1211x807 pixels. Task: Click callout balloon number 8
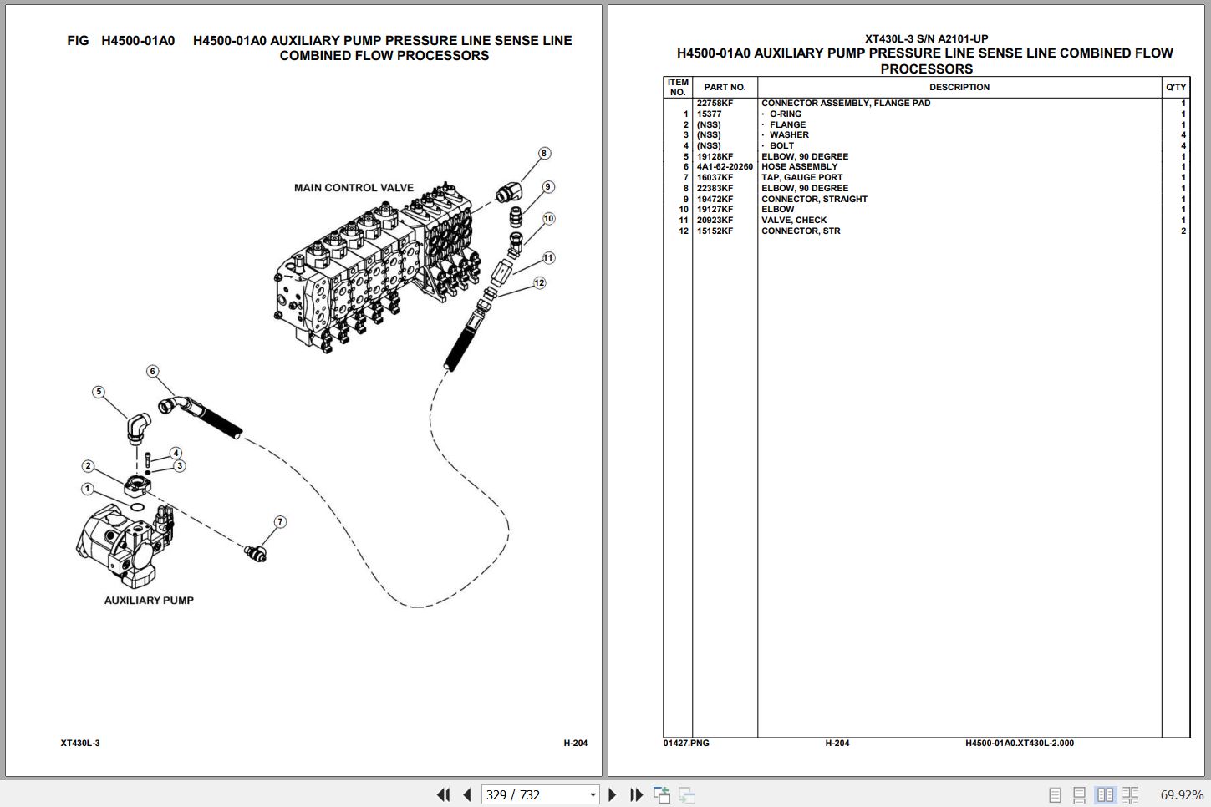(544, 154)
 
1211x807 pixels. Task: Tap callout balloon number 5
(99, 392)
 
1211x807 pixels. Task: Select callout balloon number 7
(280, 522)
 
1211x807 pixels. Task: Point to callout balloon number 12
(539, 283)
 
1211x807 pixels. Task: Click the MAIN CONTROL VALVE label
(354, 188)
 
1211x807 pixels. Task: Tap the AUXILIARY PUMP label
(149, 601)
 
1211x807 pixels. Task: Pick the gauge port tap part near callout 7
(255, 552)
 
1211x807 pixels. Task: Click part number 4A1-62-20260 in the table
(725, 167)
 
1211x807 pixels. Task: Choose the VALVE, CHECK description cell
(794, 221)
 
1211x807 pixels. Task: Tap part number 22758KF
(715, 104)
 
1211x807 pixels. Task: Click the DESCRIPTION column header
(959, 88)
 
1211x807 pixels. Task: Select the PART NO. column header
(725, 88)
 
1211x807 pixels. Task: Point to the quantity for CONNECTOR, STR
(1183, 231)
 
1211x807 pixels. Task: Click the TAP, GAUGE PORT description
(801, 178)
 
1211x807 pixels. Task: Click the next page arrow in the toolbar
(613, 794)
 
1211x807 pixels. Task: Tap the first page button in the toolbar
(443, 794)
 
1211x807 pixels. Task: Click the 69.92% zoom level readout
(1182, 794)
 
